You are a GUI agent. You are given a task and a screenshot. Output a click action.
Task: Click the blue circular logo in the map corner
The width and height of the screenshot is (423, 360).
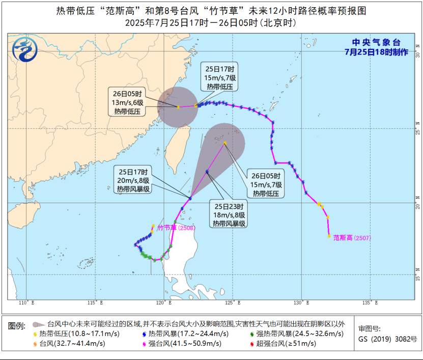pos(25,50)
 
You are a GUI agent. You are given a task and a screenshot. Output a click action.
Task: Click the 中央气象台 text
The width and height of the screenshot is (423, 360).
pos(377,43)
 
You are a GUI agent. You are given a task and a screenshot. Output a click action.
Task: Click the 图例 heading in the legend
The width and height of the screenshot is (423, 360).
pos(16,324)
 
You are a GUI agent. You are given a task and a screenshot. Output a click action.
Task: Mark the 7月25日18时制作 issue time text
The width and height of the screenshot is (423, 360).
pos(376,52)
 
